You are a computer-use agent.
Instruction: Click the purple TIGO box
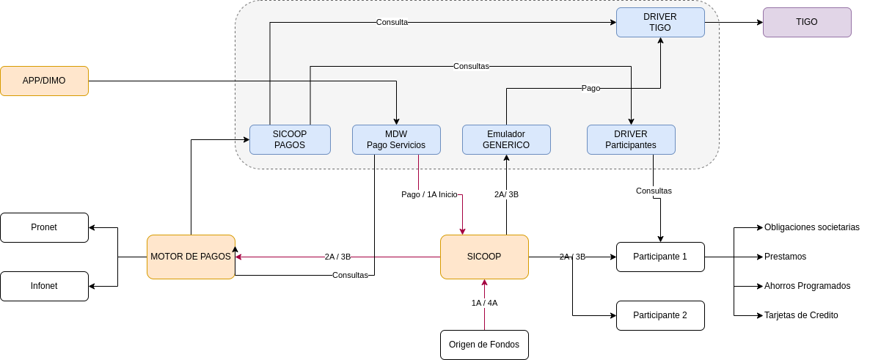807,23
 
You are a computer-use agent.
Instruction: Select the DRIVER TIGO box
660,23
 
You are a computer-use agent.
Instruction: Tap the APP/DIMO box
45,81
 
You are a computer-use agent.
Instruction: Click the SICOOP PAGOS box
290,139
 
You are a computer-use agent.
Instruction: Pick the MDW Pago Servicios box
396,139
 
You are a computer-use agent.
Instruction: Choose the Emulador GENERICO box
507,139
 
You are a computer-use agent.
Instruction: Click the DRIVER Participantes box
632,139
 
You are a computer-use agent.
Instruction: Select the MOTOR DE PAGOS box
191,257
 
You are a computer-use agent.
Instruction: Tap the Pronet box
45,227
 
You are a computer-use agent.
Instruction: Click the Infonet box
45,286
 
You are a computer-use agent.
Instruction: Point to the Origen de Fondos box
485,345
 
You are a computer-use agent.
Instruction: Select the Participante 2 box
660,315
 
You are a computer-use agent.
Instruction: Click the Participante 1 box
660,257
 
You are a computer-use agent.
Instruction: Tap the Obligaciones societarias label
812,227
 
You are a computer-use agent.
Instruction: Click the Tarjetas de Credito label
801,315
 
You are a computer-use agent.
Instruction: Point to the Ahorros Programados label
808,286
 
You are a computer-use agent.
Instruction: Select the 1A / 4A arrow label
485,303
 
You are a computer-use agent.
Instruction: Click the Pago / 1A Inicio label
429,194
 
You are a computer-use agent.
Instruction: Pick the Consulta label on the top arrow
392,23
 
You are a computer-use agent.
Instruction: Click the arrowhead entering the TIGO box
760,23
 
